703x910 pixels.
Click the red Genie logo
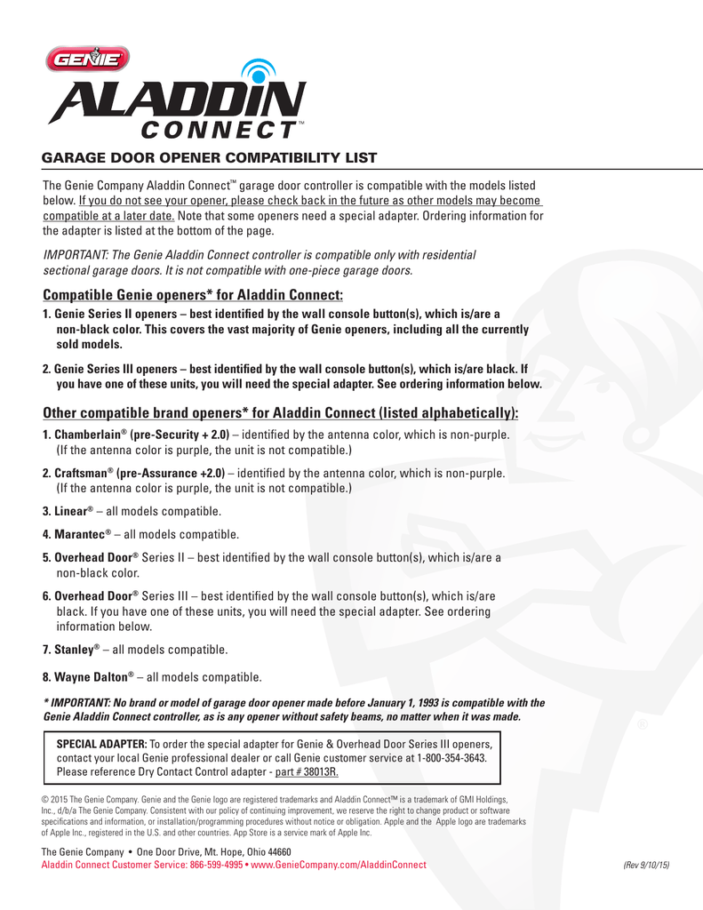pyautogui.click(x=88, y=60)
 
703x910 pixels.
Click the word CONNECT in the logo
pyautogui.click(x=217, y=131)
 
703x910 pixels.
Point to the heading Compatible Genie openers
pyautogui.click(x=193, y=295)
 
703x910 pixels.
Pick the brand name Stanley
pyautogui.click(x=73, y=649)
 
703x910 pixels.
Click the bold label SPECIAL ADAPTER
pyautogui.click(x=101, y=743)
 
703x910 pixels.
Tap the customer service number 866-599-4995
pyautogui.click(x=217, y=865)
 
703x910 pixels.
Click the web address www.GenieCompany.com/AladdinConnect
pyautogui.click(x=340, y=865)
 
